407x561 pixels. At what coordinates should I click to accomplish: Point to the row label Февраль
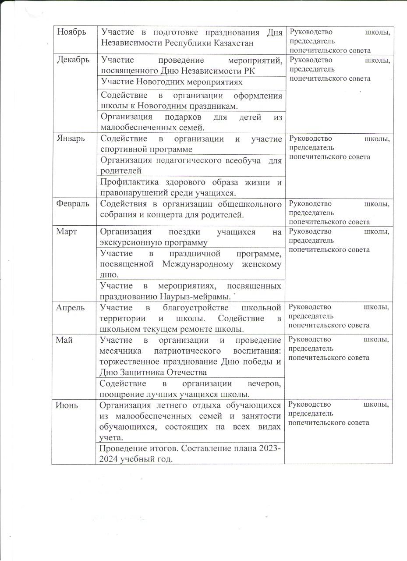(73, 204)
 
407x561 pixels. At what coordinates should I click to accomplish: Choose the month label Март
(67, 232)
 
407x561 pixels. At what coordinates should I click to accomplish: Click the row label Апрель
(70, 307)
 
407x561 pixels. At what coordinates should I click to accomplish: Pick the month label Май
(64, 340)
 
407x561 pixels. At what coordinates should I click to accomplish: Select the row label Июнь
(67, 405)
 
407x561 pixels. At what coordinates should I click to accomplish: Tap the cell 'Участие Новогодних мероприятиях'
(171, 82)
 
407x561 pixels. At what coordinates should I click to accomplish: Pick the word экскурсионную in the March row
(127, 242)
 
